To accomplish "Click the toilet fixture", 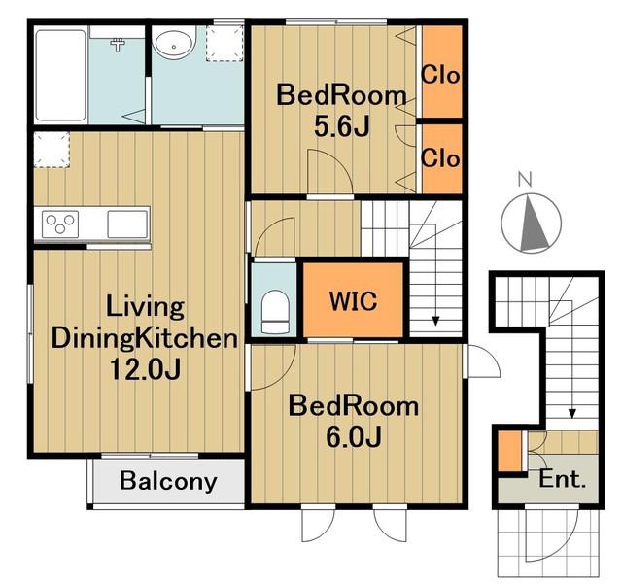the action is click(274, 311).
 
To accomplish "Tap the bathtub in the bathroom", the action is click(60, 76).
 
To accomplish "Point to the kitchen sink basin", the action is click(127, 224).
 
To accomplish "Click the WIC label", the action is click(353, 301).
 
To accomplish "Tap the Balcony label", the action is click(168, 481).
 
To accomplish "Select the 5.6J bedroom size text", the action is click(342, 127).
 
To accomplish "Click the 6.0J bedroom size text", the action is click(354, 436).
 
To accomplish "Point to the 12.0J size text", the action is click(145, 369).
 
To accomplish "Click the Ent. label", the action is click(562, 479).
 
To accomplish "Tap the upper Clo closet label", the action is click(440, 74).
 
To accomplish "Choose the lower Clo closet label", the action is click(440, 157).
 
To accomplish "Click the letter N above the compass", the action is click(525, 180).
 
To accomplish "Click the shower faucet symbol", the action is click(118, 45).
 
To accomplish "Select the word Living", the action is click(145, 306).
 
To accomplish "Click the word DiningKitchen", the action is click(145, 338).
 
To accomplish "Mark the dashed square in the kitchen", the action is click(52, 150).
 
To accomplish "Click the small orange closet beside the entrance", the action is click(509, 451).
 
